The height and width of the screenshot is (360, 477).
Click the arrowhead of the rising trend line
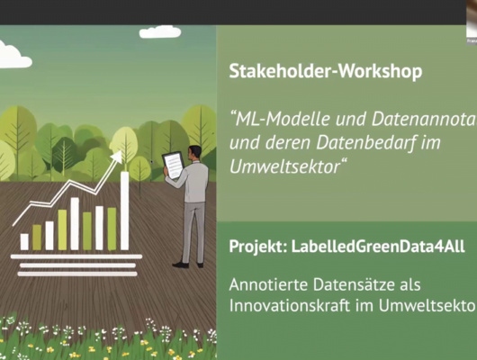coord(116,157)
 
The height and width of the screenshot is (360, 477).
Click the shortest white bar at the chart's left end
coord(24,241)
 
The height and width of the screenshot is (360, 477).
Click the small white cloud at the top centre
coord(160,32)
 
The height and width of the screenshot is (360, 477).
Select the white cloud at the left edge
coord(13,56)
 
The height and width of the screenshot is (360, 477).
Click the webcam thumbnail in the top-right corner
coord(471,18)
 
